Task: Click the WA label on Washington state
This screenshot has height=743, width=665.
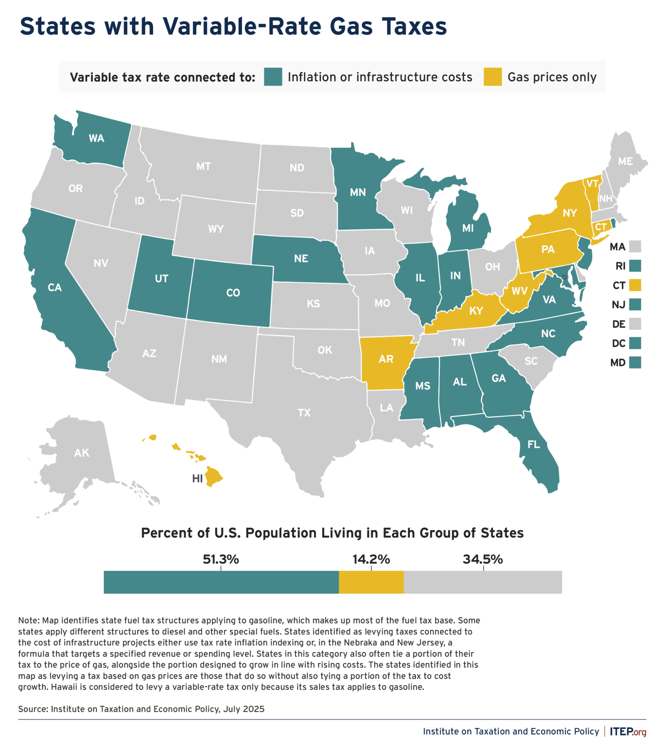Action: (x=97, y=138)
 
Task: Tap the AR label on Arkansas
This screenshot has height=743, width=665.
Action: (x=386, y=359)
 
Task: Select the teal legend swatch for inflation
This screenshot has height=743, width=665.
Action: (x=273, y=77)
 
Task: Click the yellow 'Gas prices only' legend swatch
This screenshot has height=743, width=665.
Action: (x=493, y=77)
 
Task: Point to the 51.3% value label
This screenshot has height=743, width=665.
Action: (x=221, y=559)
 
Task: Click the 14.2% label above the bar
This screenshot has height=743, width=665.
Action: (x=371, y=559)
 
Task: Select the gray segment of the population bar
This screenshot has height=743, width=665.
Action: (x=483, y=582)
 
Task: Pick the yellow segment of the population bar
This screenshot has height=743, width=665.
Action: (x=371, y=582)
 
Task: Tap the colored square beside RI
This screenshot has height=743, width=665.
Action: (x=635, y=266)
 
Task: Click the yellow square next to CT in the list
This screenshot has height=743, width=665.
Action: (x=635, y=285)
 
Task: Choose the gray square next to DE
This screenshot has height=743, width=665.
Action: (x=635, y=324)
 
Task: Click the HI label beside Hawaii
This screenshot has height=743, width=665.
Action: (x=197, y=479)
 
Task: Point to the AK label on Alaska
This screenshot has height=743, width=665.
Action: (x=82, y=453)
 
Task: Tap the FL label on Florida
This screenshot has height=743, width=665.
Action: (x=533, y=444)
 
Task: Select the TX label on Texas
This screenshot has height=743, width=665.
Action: (x=304, y=413)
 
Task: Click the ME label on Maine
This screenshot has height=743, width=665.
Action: (x=625, y=161)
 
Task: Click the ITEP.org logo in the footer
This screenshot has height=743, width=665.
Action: (x=628, y=732)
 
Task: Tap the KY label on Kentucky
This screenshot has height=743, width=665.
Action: (x=476, y=311)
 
